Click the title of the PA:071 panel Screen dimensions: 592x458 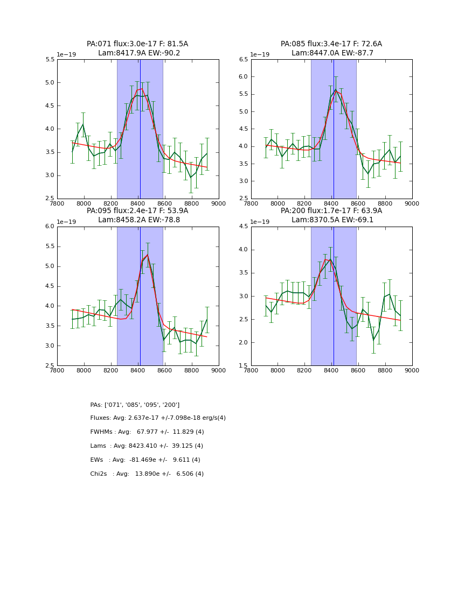(x=137, y=48)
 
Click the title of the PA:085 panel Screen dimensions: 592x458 (x=331, y=48)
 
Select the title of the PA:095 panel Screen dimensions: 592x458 (x=137, y=215)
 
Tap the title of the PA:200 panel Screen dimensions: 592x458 (x=331, y=215)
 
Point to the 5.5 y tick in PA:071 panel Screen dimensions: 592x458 (x=49, y=60)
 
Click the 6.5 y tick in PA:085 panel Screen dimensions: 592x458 (x=243, y=60)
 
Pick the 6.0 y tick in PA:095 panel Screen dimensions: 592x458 (x=49, y=227)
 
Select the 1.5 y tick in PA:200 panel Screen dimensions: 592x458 (x=243, y=366)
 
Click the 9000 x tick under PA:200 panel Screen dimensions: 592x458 (x=412, y=370)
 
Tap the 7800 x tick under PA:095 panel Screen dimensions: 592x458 (x=57, y=370)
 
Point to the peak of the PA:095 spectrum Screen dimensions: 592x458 (x=148, y=255)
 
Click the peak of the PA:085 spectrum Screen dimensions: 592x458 (x=336, y=90)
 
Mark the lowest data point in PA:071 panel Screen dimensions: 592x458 (x=190, y=177)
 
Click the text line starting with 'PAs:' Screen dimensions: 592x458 (x=135, y=405)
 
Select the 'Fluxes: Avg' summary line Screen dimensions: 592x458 (x=158, y=418)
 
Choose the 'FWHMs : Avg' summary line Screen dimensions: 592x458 (x=147, y=432)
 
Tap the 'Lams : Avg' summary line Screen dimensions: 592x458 (x=147, y=446)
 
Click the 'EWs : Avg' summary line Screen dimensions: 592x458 (x=145, y=460)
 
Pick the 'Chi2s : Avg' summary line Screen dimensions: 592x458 (x=147, y=474)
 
